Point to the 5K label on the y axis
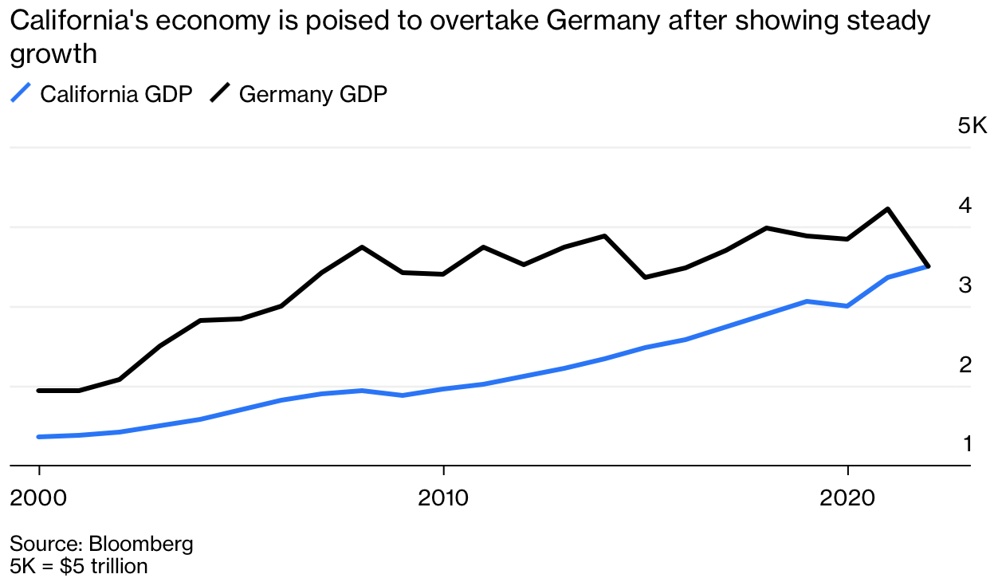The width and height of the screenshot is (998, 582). click(x=972, y=126)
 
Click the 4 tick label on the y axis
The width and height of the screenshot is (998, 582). click(x=965, y=205)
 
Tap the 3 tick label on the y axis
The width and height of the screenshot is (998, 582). click(x=965, y=285)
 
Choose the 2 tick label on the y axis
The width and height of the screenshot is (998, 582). click(x=965, y=364)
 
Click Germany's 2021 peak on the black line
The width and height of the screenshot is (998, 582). click(x=887, y=209)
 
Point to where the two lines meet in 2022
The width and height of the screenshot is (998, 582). click(x=927, y=265)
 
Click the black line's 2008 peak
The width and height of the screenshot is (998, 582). click(x=362, y=247)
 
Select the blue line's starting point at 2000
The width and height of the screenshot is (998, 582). click(x=38, y=437)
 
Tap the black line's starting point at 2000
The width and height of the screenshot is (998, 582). click(x=38, y=391)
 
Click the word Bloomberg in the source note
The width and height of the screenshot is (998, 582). click(x=141, y=545)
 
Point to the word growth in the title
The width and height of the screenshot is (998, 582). click(x=53, y=54)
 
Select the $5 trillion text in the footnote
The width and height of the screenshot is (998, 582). click(x=110, y=566)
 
